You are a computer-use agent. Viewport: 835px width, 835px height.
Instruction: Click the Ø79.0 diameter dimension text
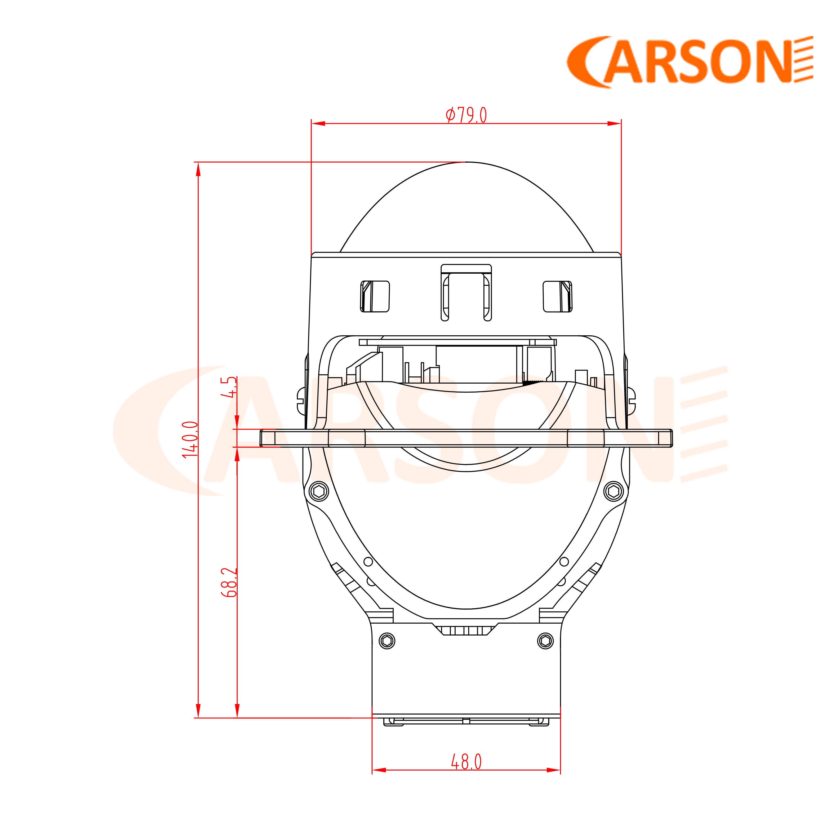click(466, 115)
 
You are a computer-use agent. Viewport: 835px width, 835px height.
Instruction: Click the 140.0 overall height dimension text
click(190, 439)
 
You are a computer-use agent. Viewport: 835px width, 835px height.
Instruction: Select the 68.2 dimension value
click(229, 583)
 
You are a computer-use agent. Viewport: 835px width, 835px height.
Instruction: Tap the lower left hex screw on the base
click(387, 641)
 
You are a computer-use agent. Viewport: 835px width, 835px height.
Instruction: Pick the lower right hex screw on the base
click(545, 641)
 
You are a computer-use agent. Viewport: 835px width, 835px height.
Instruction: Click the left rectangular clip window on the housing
click(375, 296)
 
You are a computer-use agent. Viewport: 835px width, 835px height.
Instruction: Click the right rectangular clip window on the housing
click(558, 296)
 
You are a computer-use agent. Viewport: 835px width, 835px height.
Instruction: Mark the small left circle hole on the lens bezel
click(368, 562)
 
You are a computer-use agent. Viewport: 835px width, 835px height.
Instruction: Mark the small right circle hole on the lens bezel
click(564, 562)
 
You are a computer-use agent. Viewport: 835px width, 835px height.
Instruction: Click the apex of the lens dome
click(466, 162)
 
